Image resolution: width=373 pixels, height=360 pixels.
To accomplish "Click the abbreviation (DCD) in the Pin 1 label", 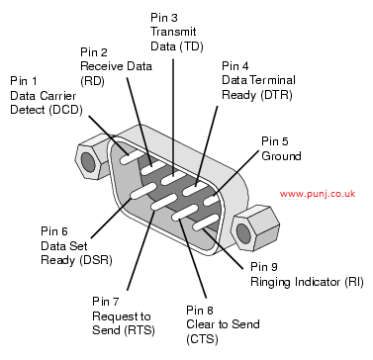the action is coord(65,110).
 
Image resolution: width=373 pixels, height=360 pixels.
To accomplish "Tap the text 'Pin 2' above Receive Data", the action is coord(94,52).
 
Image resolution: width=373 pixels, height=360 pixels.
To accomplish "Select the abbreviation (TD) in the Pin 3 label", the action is coord(191,46).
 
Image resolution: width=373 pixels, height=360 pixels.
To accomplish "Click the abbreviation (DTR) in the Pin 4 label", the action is coord(276,95).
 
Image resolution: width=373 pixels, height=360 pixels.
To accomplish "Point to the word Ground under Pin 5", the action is coord(281,155).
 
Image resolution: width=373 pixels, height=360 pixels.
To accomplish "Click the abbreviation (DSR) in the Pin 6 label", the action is coord(96,260).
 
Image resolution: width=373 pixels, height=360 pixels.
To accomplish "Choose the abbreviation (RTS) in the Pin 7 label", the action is coord(140,330).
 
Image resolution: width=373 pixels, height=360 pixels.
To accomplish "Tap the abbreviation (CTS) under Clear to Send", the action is coord(202,339).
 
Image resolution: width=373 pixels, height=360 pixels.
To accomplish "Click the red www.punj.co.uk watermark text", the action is coord(318,194).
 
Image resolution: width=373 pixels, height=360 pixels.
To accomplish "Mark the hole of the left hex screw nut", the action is coord(88,161).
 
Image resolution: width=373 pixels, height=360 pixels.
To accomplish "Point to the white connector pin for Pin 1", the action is coord(132,157).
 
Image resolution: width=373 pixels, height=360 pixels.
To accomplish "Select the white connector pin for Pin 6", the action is coord(142,192).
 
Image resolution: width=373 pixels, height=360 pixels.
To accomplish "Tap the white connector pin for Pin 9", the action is coord(206,223).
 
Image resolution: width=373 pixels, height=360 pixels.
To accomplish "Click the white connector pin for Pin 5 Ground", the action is coord(214,199).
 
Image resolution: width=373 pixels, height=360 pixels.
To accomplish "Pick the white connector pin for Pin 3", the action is coord(174,178).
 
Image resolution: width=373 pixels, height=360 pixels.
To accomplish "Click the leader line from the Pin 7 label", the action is coord(141,250).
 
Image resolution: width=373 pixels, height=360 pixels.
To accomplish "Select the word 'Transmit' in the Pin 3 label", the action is coord(173,32).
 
